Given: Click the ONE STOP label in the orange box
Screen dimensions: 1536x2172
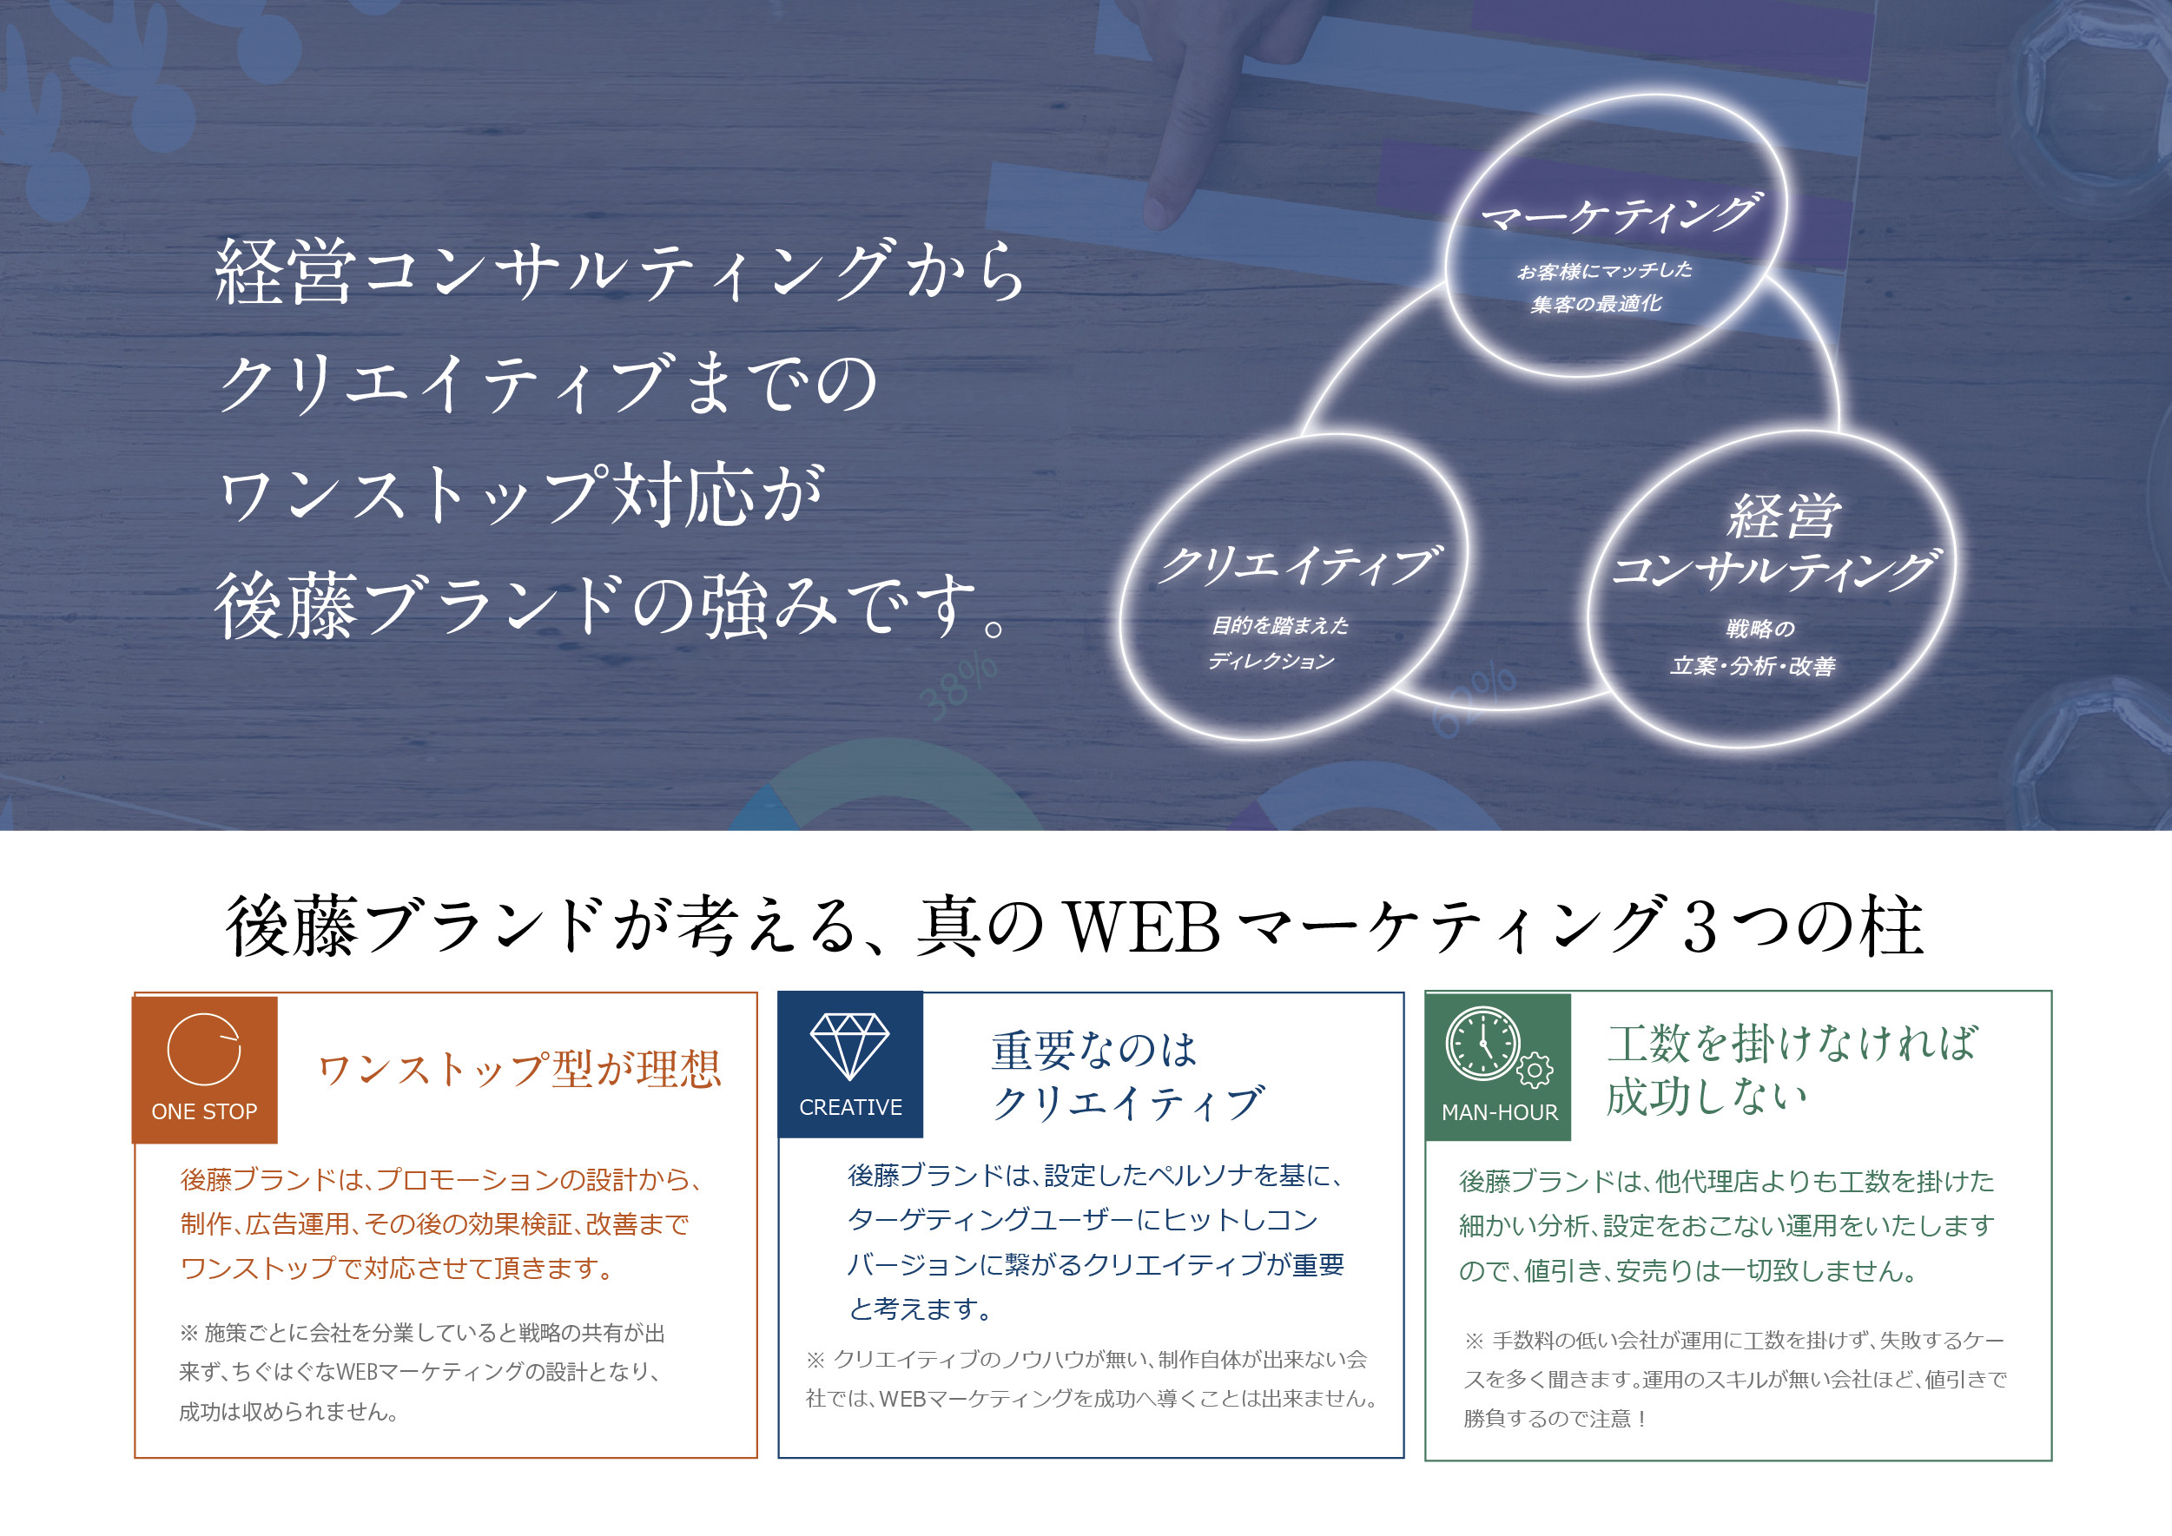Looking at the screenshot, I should coord(204,1111).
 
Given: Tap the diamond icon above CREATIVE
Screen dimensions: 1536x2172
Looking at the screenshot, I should coord(849,1046).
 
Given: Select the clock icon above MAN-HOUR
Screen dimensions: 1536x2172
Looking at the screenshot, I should coord(1483,1043).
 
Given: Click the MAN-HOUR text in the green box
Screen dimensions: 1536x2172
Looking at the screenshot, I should coord(1500,1112).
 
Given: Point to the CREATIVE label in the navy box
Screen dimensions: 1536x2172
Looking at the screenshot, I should coord(850,1106).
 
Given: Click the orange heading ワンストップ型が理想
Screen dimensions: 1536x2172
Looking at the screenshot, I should coord(519,1070).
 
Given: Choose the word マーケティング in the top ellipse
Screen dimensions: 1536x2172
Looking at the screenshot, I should coord(1621,214).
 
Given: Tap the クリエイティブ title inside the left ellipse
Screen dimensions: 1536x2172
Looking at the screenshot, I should coord(1301,564).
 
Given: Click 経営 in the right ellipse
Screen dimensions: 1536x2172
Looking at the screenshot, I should coord(1784,517).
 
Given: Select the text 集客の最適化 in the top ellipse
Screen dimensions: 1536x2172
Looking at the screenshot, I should coord(1596,304).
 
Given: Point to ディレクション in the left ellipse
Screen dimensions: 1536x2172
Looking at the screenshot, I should coord(1271,660).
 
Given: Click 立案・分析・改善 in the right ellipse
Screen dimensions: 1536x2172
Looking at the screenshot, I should coord(1753,666).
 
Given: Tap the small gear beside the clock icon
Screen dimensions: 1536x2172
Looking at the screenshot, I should coord(1535,1071).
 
